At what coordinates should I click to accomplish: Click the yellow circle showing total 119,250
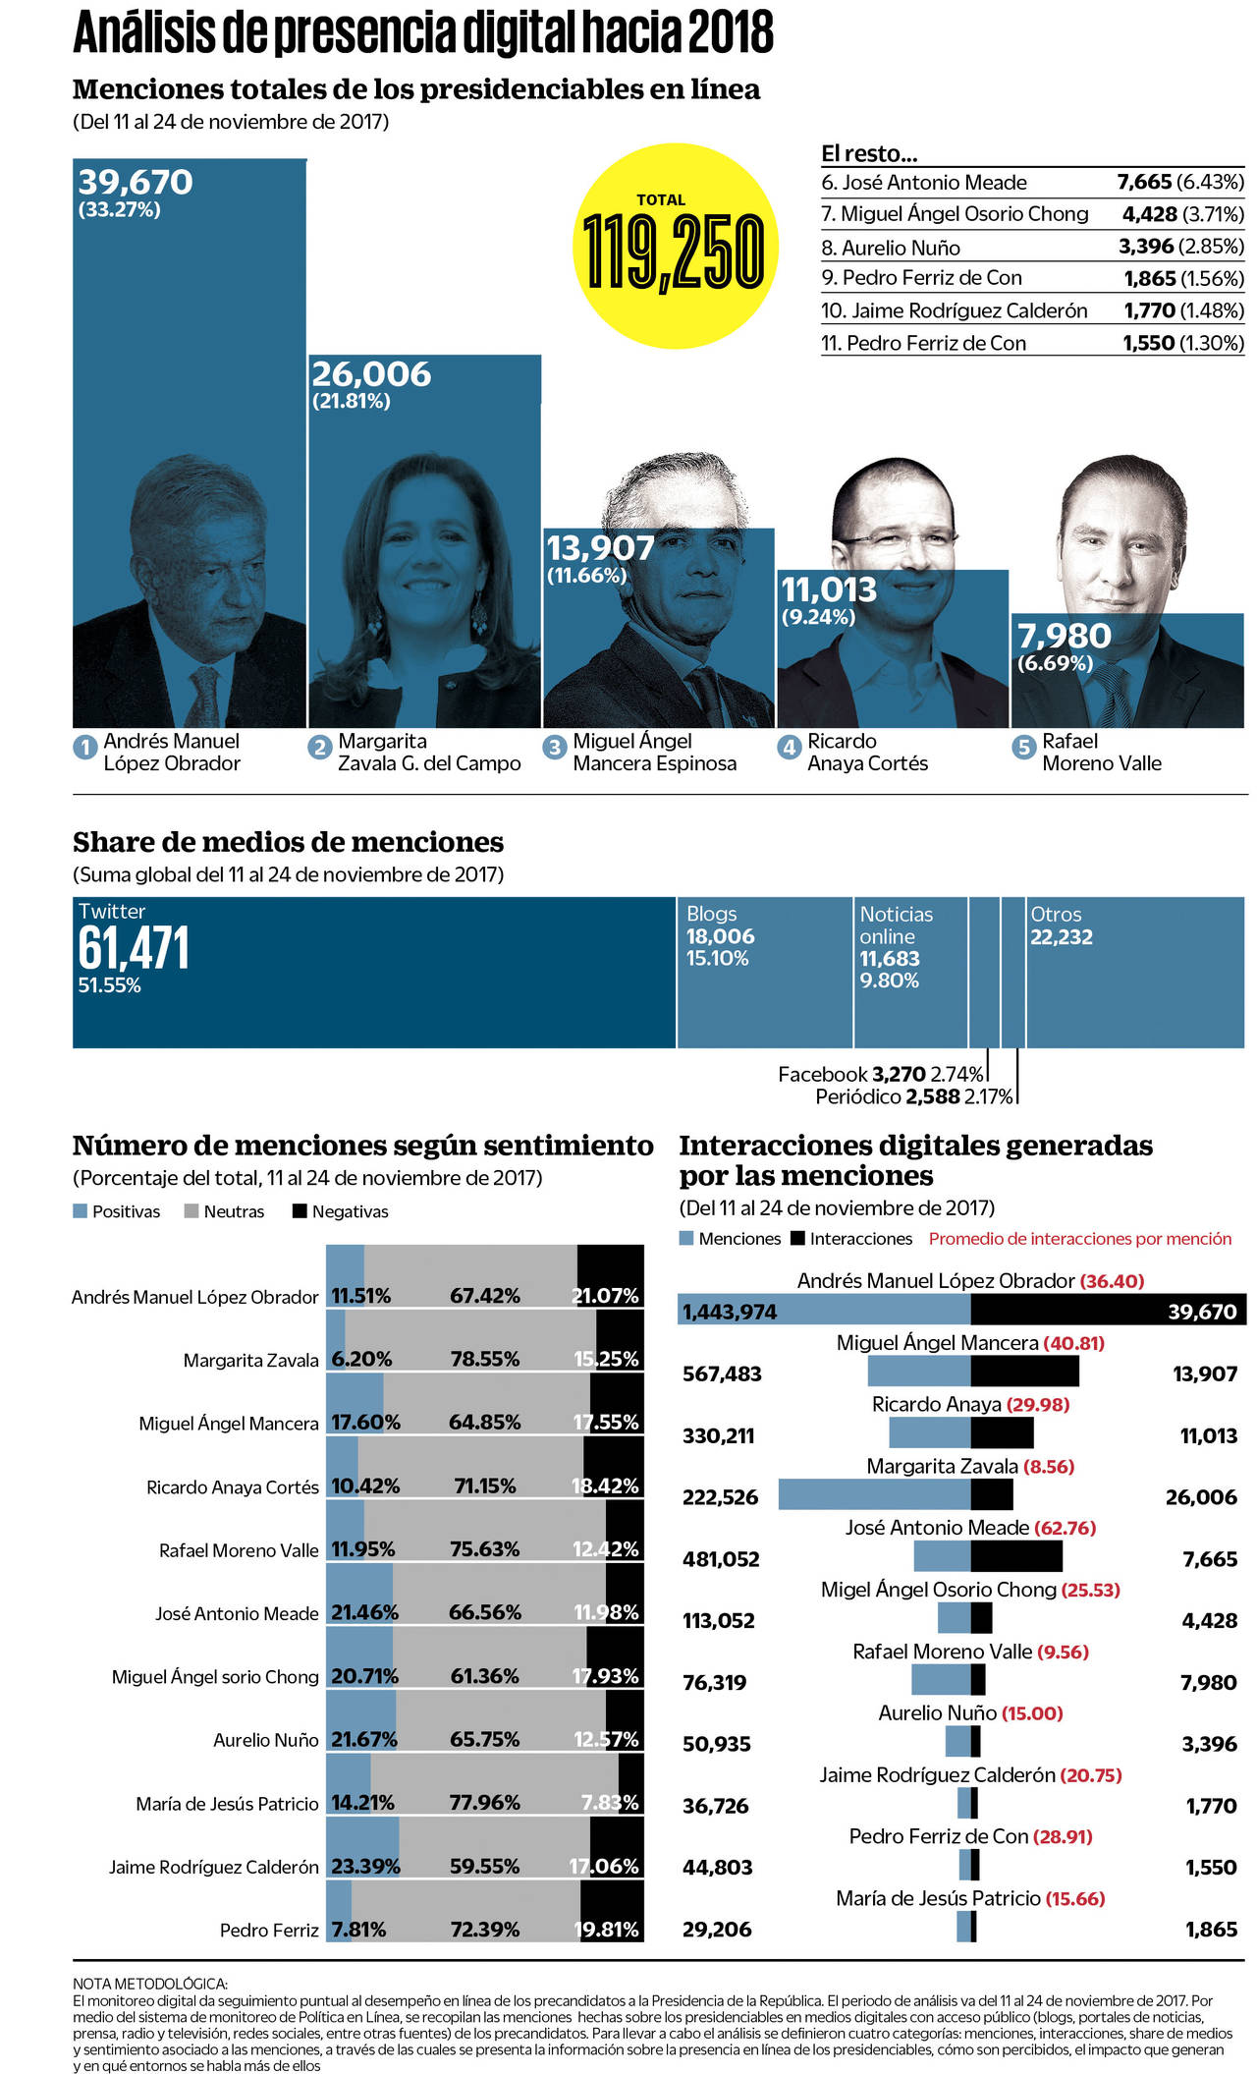pos(675,246)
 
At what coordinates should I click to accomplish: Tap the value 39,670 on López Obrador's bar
pos(136,183)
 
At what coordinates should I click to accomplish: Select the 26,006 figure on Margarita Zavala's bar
pos(371,374)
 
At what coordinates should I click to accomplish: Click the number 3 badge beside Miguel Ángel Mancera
pos(555,748)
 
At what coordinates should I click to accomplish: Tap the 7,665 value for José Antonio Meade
pos(1144,183)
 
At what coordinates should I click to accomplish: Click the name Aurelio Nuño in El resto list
pos(901,248)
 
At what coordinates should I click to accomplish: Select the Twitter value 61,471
pos(134,949)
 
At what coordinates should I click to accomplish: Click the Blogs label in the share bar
pos(711,914)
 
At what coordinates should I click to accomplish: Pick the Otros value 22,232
pos(1061,937)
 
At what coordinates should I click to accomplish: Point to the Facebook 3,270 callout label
pos(880,1075)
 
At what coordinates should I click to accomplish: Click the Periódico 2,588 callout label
pos(913,1097)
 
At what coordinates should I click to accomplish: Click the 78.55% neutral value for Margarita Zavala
pos(485,1359)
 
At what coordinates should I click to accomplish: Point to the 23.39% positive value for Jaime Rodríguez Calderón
pos(365,1866)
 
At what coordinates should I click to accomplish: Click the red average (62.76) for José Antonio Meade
pos(1065,1528)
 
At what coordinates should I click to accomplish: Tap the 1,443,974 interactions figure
pos(730,1312)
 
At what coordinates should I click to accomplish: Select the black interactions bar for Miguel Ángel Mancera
pos(1024,1372)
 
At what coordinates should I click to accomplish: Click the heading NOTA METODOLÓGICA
pos(150,1984)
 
